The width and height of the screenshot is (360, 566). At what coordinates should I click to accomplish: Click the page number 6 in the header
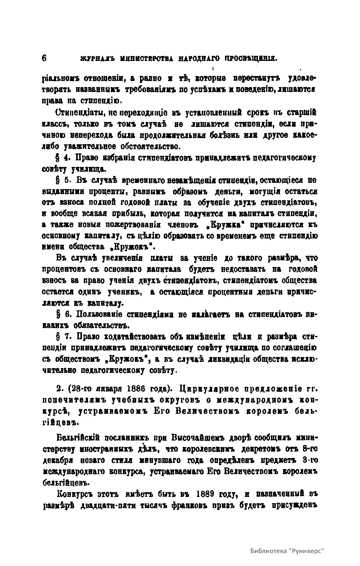[44, 58]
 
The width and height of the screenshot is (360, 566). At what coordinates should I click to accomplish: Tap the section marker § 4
[61, 158]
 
